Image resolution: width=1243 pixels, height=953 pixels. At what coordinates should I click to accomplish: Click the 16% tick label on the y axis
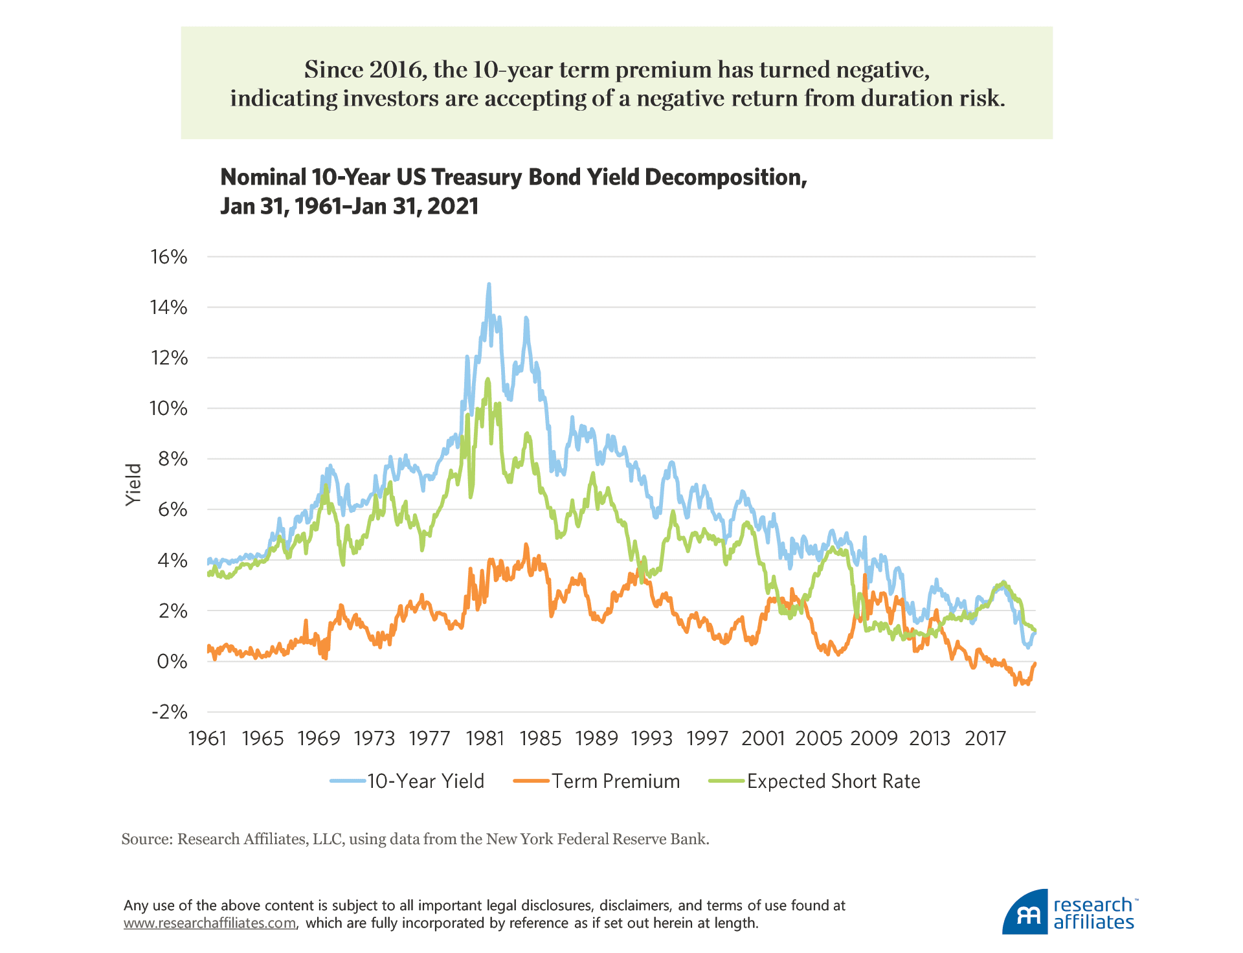[169, 257]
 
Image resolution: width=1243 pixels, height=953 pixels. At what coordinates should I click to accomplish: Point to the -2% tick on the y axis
[169, 712]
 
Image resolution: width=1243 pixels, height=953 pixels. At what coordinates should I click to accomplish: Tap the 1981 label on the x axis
[485, 738]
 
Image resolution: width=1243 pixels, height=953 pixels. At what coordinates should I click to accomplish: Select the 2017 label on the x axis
[985, 738]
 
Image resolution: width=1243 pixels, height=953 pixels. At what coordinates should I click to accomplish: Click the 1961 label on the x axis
[207, 738]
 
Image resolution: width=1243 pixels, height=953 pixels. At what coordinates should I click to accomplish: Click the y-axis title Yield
[133, 484]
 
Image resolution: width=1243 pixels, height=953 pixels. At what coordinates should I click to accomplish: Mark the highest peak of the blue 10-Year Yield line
[489, 284]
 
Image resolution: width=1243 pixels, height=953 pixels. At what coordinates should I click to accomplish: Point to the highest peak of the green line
[487, 379]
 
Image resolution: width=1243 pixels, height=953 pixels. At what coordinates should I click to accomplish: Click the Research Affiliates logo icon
[1025, 912]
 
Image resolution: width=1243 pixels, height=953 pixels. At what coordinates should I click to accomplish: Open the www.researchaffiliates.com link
[210, 923]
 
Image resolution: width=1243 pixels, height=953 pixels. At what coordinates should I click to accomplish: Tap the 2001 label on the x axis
[763, 738]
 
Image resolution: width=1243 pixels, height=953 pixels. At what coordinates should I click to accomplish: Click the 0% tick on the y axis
[172, 662]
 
